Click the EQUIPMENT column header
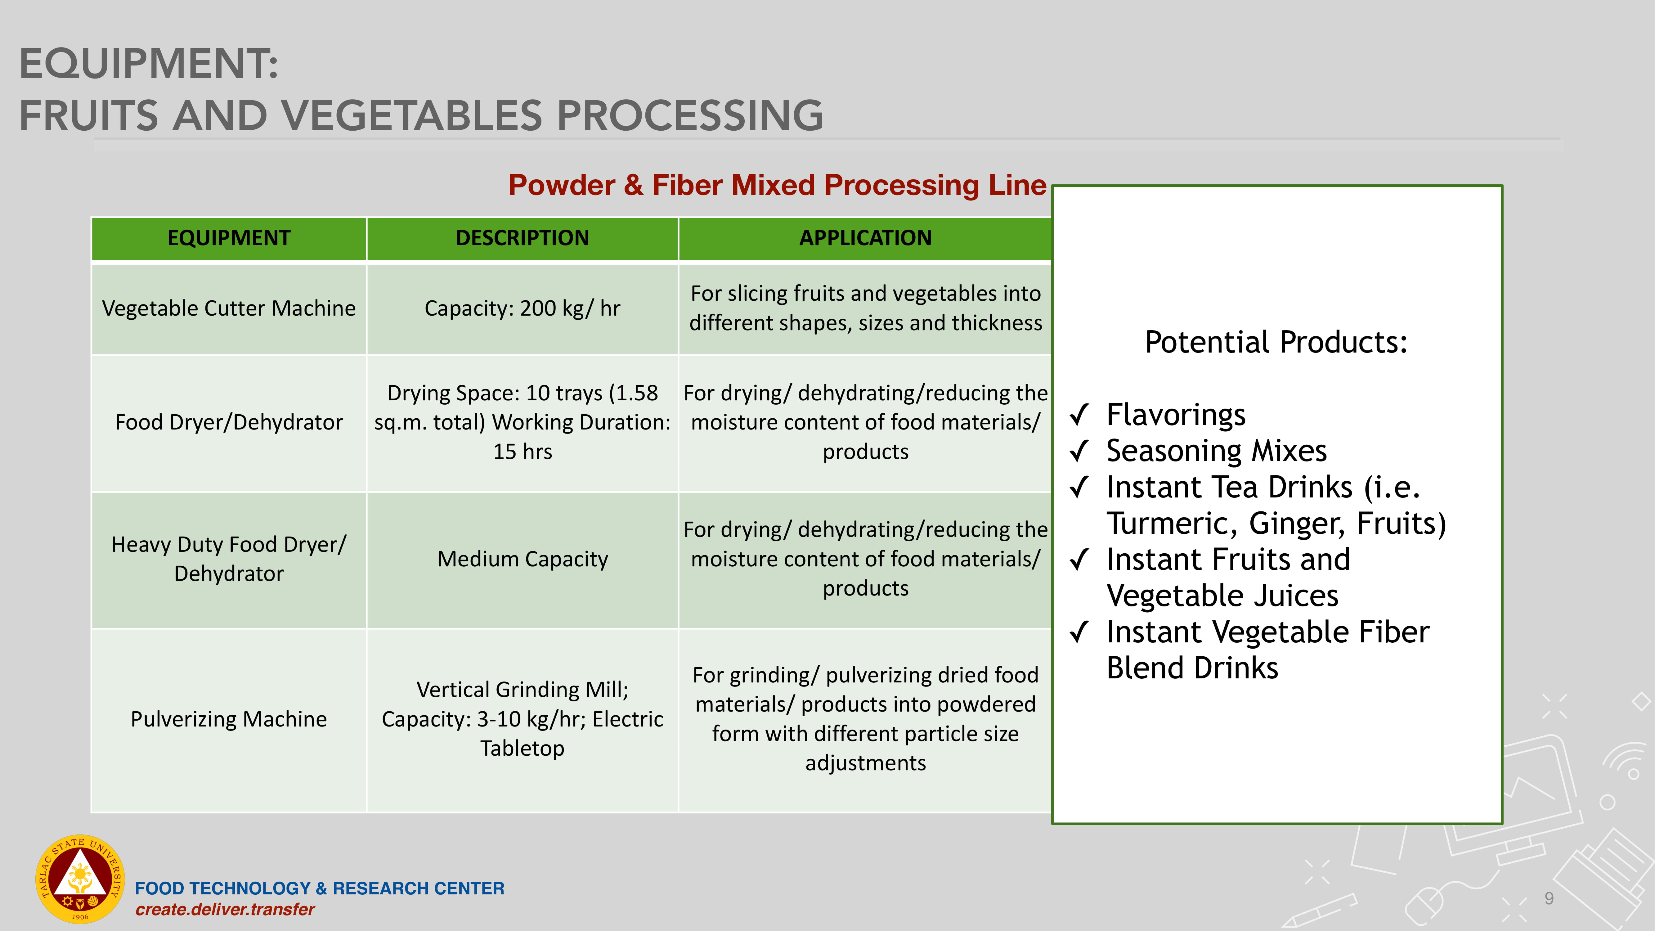(229, 238)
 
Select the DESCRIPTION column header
(522, 238)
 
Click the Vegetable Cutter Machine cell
(229, 308)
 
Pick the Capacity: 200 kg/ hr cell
(522, 308)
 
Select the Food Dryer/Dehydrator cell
(229, 423)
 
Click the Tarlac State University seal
(80, 879)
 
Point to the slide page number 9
(1549, 898)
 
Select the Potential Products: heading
(1276, 343)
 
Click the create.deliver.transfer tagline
(225, 910)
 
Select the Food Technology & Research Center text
(319, 888)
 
